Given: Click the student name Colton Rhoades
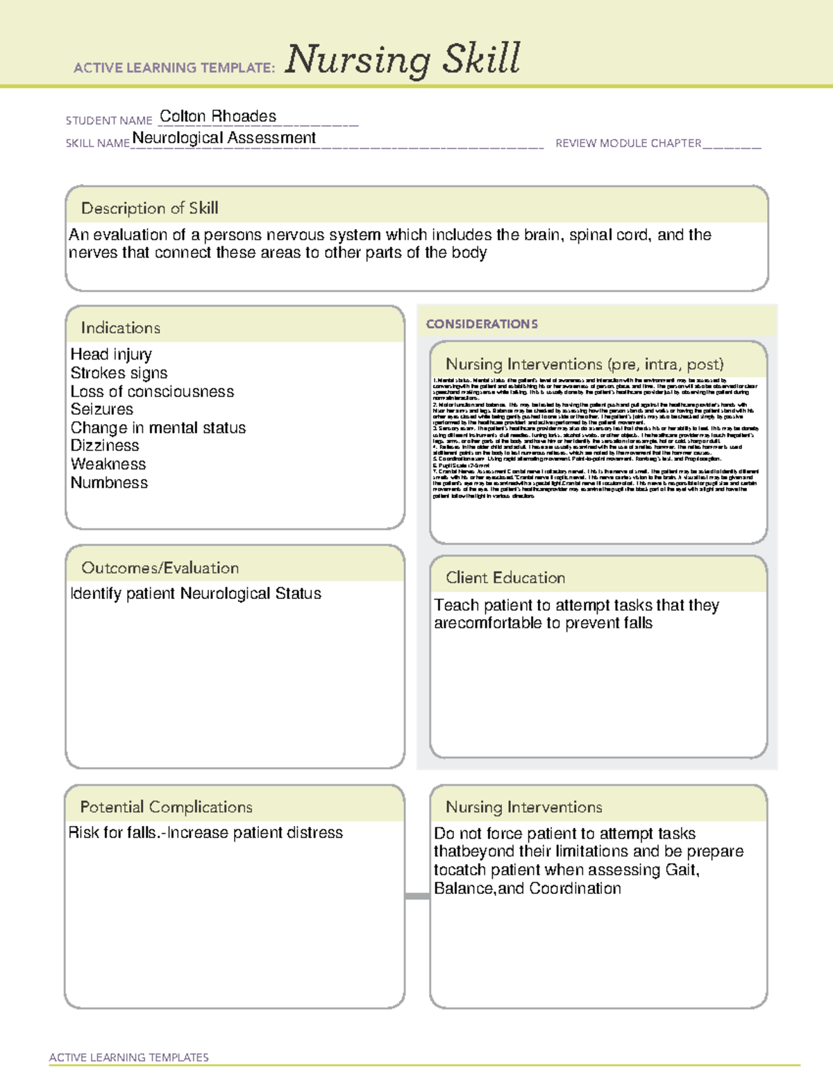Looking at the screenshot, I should point(218,117).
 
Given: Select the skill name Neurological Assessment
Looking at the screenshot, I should point(224,138).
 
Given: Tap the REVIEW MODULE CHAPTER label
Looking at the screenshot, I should point(628,143).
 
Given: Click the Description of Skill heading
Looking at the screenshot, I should point(149,208).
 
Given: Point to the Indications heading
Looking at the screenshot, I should point(120,328).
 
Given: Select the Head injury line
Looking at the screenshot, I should point(111,355).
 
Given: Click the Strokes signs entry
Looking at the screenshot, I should point(119,373).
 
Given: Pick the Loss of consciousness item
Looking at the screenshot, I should point(152,391).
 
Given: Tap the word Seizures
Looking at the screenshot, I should point(101,410).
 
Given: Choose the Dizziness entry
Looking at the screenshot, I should point(105,446).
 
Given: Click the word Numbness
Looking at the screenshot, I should point(109,482).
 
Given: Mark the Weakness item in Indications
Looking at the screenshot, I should point(108,464).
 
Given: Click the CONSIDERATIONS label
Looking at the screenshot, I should point(482,324).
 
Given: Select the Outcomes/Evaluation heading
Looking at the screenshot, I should point(160,568).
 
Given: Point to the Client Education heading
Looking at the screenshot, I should point(505,578).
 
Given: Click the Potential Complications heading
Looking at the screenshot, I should point(166,807).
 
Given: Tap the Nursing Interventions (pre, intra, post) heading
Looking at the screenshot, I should point(584,364).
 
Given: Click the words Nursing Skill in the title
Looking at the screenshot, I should point(403,59).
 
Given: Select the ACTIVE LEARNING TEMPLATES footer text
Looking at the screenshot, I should point(129,1057).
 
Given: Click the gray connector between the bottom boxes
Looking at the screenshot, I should point(417,896).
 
